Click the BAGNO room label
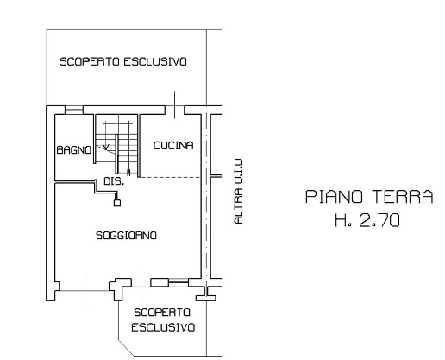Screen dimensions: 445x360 pyautogui.click(x=74, y=150)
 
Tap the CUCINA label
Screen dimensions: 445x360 pyautogui.click(x=173, y=146)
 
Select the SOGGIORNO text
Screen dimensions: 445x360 pyautogui.click(x=126, y=236)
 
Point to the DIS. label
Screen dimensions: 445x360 pyautogui.click(x=114, y=181)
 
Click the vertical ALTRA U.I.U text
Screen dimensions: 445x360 pyautogui.click(x=239, y=192)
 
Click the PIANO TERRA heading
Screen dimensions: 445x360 pyautogui.click(x=369, y=197)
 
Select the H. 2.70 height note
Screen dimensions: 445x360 pyautogui.click(x=367, y=221)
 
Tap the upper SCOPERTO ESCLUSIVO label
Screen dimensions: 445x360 pyautogui.click(x=123, y=61)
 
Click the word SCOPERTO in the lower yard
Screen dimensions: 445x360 pyautogui.click(x=162, y=313)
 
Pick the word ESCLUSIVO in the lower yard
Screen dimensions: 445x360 pyautogui.click(x=163, y=327)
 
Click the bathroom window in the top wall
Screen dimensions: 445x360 pyautogui.click(x=74, y=110)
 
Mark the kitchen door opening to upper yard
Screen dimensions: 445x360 pyautogui.click(x=174, y=110)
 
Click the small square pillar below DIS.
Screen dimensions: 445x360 pyautogui.click(x=117, y=203)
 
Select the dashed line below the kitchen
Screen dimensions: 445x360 pyautogui.click(x=170, y=177)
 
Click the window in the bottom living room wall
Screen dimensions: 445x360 pyautogui.click(x=179, y=282)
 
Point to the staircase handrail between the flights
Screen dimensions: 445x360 pyautogui.click(x=117, y=154)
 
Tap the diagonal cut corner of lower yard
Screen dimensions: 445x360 pyautogui.click(x=127, y=348)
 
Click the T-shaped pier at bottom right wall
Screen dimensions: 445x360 pyautogui.click(x=206, y=295)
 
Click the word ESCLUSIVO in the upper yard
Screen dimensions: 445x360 pyautogui.click(x=155, y=61)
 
